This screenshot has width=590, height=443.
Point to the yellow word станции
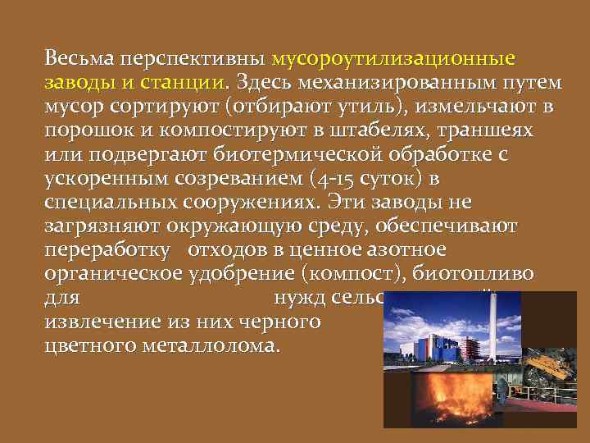[183, 83]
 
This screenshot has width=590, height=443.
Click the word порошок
[81, 130]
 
